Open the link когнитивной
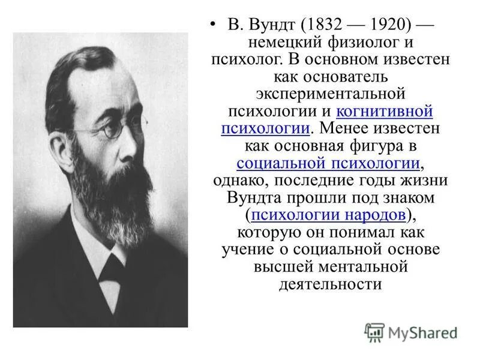[385, 112]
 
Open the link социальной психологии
[328, 163]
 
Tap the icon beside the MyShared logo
[374, 332]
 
